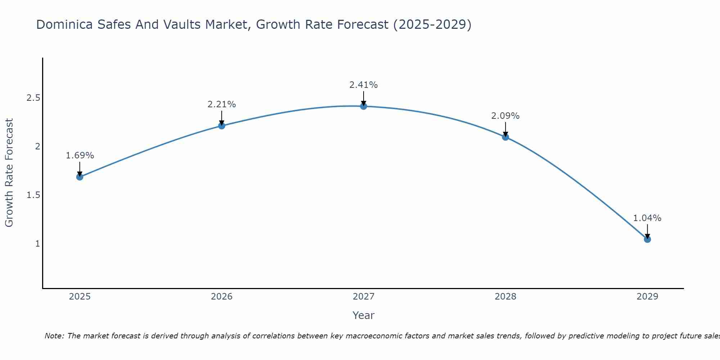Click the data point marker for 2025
pos(80,177)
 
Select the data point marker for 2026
pos(222,126)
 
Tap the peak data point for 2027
pos(364,106)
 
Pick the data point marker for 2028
pos(505,137)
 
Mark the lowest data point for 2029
pos(647,239)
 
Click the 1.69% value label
pos(80,156)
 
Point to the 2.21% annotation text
pos(222,104)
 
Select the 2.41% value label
pos(364,85)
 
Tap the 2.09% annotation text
pos(505,116)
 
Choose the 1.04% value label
pos(647,218)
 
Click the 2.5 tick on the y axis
pos(33,98)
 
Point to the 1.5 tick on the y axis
pos(33,195)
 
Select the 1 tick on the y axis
pos(37,244)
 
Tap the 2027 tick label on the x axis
pos(364,297)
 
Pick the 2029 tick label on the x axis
pos(647,297)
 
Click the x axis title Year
pos(364,315)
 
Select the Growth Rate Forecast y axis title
pos(9,173)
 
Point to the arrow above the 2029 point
pos(647,231)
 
